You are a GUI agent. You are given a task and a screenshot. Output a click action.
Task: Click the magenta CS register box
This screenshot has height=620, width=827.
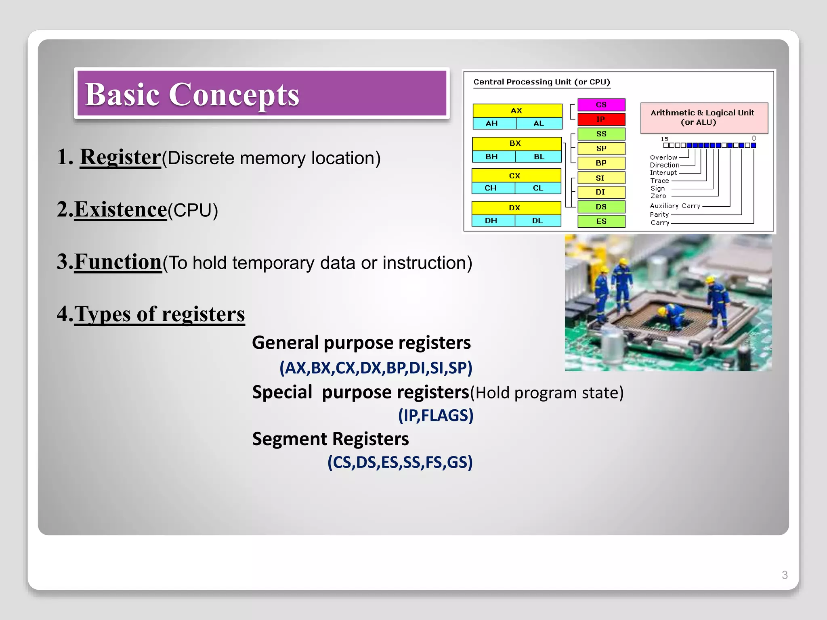tap(601, 105)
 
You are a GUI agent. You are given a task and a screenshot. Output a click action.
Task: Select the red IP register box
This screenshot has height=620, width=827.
tap(601, 119)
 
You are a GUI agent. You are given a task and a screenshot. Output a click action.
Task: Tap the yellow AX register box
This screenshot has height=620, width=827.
tap(517, 110)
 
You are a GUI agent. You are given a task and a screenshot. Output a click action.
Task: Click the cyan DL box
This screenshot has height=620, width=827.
tap(538, 220)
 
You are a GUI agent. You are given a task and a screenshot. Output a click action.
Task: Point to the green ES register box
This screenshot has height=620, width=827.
tap(601, 221)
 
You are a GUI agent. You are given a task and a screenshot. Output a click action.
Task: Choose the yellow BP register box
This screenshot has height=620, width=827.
tap(601, 163)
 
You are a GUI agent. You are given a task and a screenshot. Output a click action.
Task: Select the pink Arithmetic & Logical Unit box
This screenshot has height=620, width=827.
tap(703, 118)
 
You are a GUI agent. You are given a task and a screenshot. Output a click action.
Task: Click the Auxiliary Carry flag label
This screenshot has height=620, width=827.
tap(675, 206)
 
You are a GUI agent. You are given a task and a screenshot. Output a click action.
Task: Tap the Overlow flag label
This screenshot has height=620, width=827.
tap(663, 157)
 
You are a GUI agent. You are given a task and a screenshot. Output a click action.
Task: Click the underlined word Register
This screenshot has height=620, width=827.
tap(120, 157)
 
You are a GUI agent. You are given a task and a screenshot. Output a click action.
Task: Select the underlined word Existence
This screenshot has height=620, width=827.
tap(120, 209)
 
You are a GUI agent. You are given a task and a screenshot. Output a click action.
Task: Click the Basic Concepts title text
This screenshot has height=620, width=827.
tap(192, 94)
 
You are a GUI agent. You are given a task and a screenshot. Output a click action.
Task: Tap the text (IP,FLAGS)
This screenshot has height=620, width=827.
tap(435, 415)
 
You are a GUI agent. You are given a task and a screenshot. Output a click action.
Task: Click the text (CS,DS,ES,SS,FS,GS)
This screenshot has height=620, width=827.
tap(400, 462)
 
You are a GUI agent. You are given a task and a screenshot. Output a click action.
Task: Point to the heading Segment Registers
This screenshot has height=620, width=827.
tap(330, 439)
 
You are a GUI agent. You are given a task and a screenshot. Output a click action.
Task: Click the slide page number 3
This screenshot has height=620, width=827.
tap(784, 575)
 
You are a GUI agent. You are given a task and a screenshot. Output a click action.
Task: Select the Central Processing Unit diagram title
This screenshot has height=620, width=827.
tap(541, 82)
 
